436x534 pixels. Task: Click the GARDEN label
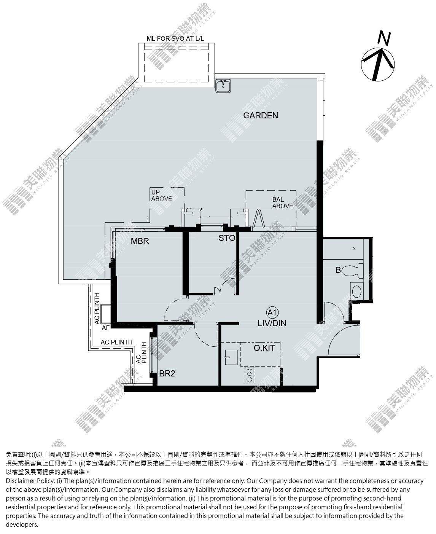point(260,115)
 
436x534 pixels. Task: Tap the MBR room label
point(140,241)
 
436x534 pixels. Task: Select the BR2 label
point(167,373)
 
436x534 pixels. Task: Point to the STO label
point(227,238)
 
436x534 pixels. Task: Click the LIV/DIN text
point(272,324)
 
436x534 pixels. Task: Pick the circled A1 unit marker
point(272,312)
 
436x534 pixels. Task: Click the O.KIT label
point(264,348)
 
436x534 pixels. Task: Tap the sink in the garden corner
point(223,86)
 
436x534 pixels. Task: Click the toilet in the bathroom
point(352,271)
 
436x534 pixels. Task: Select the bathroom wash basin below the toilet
point(356,292)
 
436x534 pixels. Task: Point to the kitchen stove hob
point(249,376)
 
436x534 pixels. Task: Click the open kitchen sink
point(231,357)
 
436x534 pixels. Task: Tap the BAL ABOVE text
point(282,203)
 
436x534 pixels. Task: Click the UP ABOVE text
point(161,196)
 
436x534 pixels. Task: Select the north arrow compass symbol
point(377,64)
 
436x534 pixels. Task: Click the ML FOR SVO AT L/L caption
point(175,38)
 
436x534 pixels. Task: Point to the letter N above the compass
point(384,38)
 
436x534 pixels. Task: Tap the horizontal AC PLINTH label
point(116,342)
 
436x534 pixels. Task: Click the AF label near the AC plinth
point(105,328)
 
